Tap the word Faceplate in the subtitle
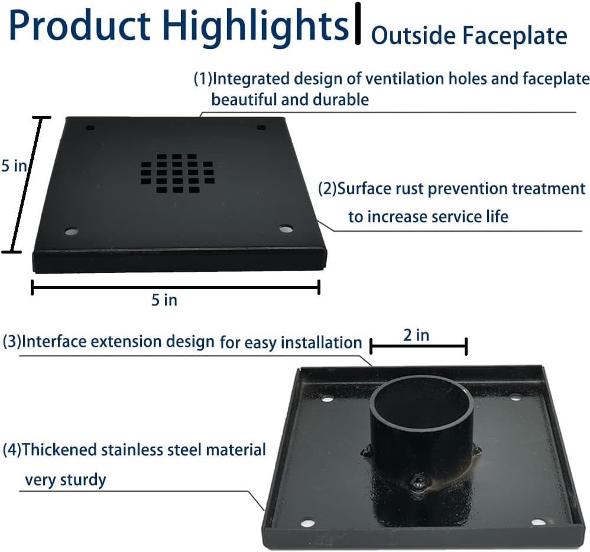pos(515,35)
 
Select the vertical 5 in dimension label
pos(14,166)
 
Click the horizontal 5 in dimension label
pos(164,300)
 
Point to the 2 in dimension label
pos(416,335)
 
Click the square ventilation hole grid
pos(177,174)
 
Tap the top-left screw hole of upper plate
pos(90,128)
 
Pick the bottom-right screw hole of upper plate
pos(286,228)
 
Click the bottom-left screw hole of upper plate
pos(71,231)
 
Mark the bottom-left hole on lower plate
pos(307,524)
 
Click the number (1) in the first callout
pos(203,79)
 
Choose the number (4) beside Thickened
pos(12,450)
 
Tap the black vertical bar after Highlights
pos(358,24)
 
